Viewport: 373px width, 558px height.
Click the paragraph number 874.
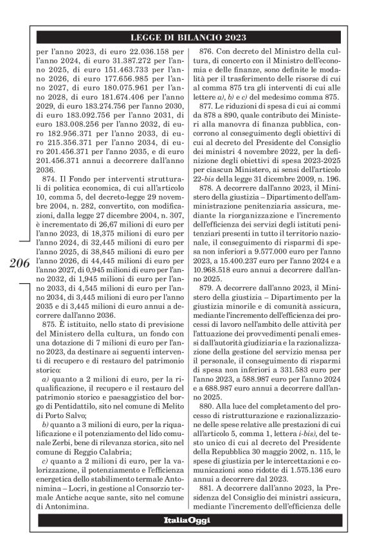pos(52,190)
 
